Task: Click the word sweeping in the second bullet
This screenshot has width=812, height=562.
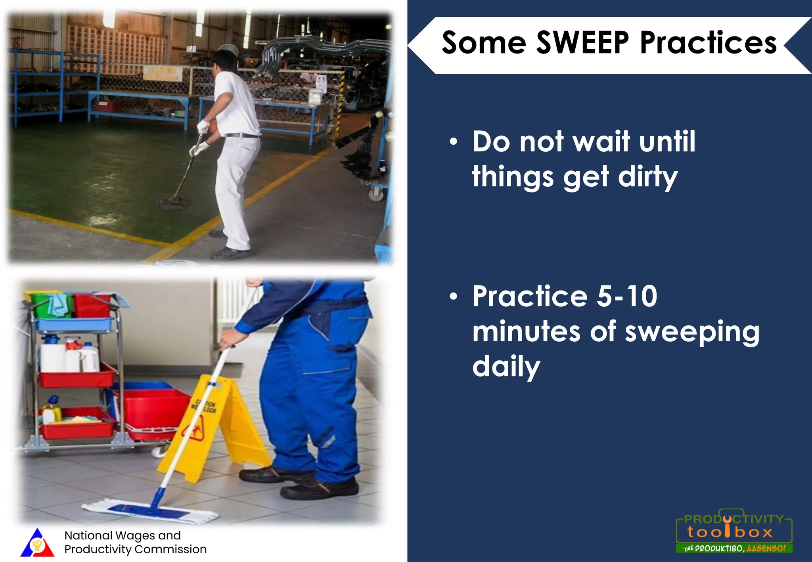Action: click(692, 332)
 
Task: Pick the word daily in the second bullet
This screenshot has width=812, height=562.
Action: click(506, 367)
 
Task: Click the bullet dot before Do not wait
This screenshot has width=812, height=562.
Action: click(454, 142)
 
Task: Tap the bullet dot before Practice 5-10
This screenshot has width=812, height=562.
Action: click(454, 296)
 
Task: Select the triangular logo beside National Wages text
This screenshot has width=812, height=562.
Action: click(37, 543)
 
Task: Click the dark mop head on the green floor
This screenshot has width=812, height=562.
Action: click(172, 203)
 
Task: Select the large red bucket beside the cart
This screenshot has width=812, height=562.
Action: click(153, 410)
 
